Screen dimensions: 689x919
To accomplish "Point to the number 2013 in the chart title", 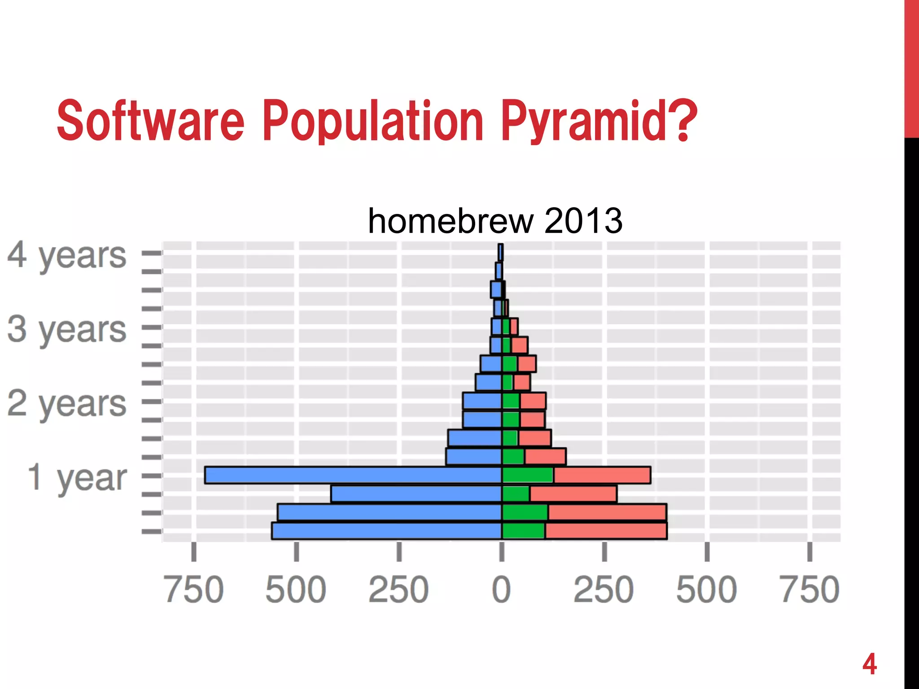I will (583, 221).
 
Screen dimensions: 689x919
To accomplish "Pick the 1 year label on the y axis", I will (77, 477).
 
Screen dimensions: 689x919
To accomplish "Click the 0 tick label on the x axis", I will (501, 589).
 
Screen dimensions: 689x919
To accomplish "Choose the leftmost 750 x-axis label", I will (193, 589).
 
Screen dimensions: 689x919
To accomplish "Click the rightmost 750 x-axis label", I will (810, 589).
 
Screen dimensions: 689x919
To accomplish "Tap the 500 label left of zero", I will (296, 589).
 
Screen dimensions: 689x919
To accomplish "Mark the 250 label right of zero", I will (604, 589).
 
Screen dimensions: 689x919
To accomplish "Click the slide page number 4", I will (869, 664).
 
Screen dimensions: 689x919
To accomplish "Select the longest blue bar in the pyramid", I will (353, 475).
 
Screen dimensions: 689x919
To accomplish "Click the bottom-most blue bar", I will (386, 531).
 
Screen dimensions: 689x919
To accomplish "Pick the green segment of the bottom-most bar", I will (523, 531).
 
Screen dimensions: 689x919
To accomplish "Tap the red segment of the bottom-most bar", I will (606, 531).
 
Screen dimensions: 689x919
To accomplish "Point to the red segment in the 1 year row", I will (602, 475).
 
